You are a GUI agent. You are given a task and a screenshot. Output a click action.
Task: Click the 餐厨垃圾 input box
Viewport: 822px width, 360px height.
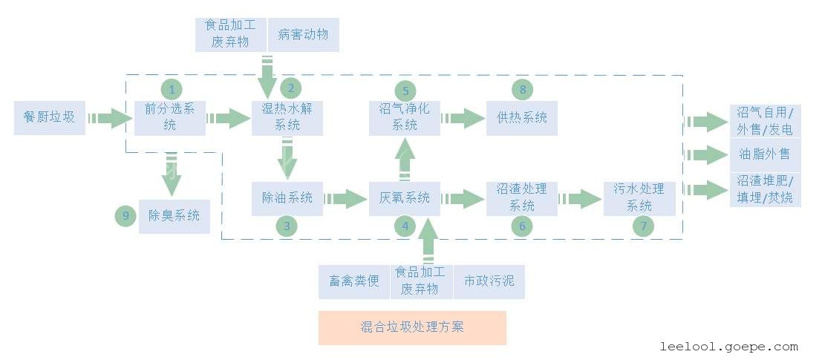pyautogui.click(x=50, y=117)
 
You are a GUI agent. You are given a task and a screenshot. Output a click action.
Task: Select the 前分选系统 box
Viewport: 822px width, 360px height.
pyautogui.click(x=170, y=117)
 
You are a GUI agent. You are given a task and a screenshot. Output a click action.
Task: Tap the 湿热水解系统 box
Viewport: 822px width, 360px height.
pyautogui.click(x=287, y=117)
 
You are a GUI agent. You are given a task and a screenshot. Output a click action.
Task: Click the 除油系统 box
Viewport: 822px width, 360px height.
pyautogui.click(x=287, y=198)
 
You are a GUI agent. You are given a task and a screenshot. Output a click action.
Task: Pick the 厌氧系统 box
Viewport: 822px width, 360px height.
pyautogui.click(x=405, y=198)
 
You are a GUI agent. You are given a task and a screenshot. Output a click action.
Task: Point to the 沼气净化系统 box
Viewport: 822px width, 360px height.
pyautogui.click(x=405, y=117)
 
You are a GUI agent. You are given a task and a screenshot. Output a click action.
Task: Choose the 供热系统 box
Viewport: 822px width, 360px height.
pyautogui.click(x=522, y=117)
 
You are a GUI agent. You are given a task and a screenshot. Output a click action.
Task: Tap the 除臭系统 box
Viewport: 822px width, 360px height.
pyautogui.click(x=174, y=217)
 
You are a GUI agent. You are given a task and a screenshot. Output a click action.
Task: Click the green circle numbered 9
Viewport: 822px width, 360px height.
pyautogui.click(x=126, y=217)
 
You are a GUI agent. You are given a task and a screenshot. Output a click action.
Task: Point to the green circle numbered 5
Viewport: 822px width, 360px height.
pyautogui.click(x=405, y=91)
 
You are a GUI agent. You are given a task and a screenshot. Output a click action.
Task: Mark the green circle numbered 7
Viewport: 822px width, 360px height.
pyautogui.click(x=644, y=226)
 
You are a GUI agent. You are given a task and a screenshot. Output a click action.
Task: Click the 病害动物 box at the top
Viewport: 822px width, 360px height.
pyautogui.click(x=303, y=34)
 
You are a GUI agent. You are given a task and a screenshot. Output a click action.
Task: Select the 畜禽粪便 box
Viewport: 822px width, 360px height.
pyautogui.click(x=354, y=282)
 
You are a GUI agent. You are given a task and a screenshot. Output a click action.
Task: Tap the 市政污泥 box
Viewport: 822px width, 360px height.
pyautogui.click(x=489, y=282)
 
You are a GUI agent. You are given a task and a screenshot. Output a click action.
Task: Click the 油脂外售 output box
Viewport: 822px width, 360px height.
pyautogui.click(x=765, y=155)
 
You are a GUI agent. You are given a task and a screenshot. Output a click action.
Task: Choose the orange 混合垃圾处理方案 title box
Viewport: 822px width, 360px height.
pyautogui.click(x=412, y=327)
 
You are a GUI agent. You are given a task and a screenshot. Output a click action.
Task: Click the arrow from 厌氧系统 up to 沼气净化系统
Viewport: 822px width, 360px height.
pyautogui.click(x=405, y=160)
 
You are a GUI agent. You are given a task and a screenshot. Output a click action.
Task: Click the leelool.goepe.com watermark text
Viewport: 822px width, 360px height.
pyautogui.click(x=728, y=347)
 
